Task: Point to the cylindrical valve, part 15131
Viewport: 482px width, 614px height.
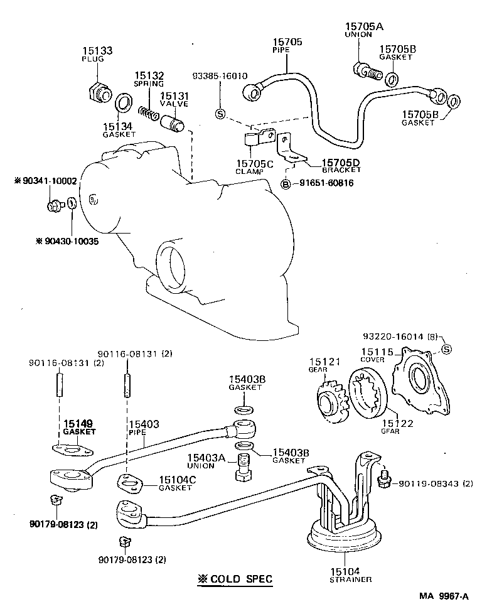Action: coord(173,122)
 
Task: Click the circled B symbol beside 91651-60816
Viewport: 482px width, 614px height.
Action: coord(286,183)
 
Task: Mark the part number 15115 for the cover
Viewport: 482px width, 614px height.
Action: coord(376,353)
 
